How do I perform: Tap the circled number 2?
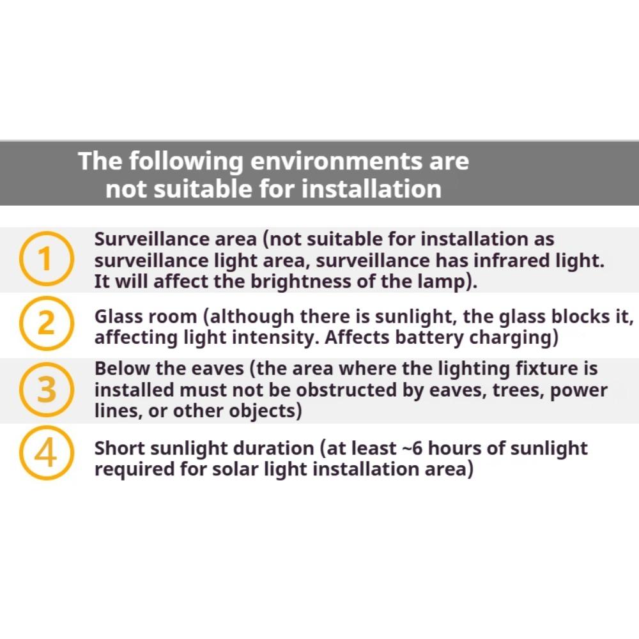click(45, 325)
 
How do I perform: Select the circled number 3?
click(45, 390)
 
